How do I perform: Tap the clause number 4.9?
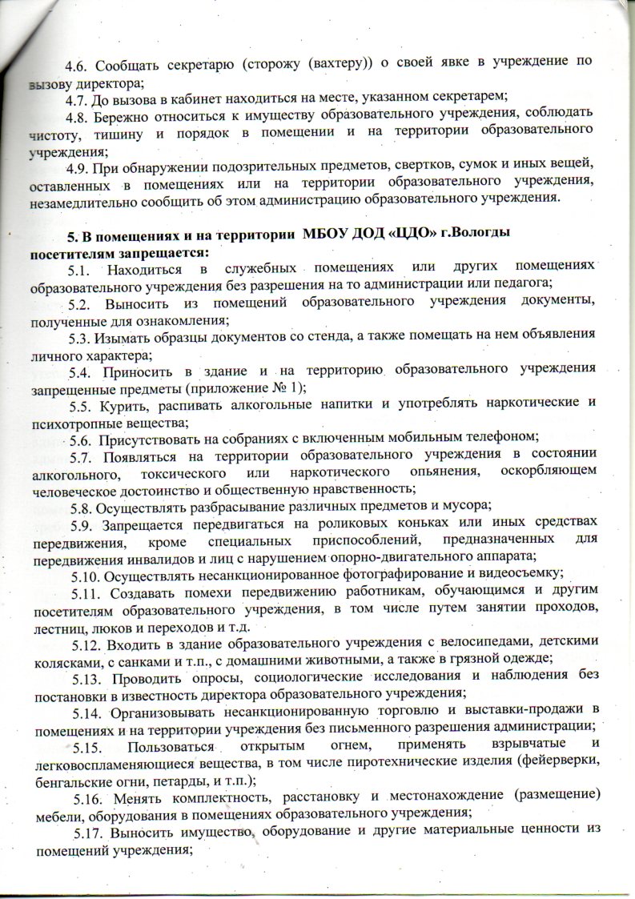pos(80,165)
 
